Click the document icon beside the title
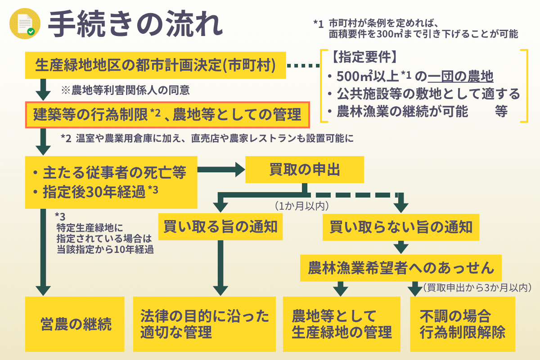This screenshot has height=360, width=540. [24, 25]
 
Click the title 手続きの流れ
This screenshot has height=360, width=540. [135, 25]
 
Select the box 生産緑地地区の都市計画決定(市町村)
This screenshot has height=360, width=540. [156, 66]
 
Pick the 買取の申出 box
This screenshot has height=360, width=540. [304, 170]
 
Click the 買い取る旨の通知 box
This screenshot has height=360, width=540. [220, 227]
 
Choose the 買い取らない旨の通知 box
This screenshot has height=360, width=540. [401, 227]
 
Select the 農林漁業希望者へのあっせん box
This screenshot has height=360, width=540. [401, 268]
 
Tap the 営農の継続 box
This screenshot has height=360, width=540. [74, 324]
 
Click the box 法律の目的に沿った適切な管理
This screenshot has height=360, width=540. [204, 324]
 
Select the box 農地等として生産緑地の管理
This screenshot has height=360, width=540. [342, 324]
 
